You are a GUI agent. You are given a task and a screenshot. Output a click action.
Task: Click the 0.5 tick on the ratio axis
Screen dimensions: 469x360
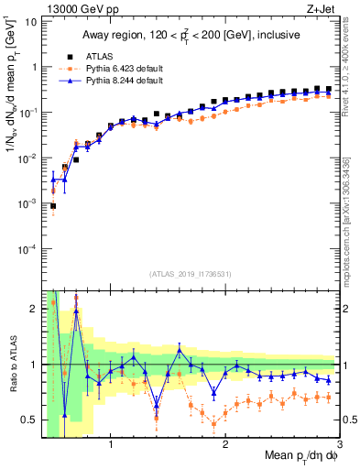pyautogui.click(x=30, y=420)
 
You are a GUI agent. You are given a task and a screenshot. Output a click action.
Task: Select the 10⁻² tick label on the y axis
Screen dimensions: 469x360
pyautogui.click(x=27, y=158)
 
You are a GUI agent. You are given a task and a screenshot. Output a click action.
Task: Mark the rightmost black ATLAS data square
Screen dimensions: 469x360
pyautogui.click(x=328, y=89)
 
